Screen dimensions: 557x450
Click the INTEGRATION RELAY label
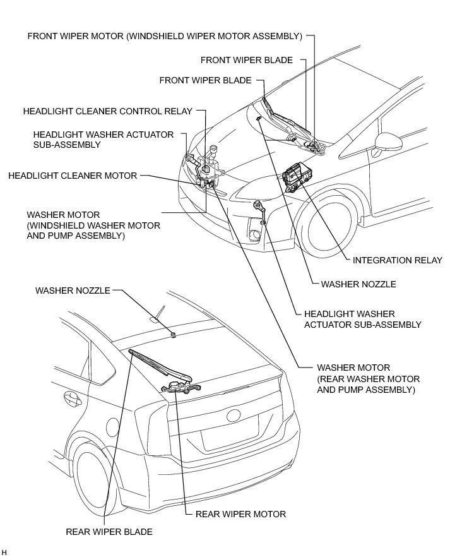tap(397, 260)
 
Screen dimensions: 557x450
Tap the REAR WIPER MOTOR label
tap(240, 514)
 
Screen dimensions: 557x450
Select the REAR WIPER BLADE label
tap(109, 532)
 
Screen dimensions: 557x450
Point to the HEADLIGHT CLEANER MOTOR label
tap(73, 176)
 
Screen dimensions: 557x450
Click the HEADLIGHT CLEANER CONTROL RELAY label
tap(107, 111)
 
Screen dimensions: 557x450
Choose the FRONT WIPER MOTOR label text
tap(165, 35)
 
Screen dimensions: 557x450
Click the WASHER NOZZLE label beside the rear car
tap(73, 291)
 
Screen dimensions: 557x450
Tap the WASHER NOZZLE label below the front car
tap(358, 284)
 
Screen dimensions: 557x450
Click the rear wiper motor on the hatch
tap(180, 386)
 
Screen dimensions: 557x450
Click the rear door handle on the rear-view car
tap(68, 398)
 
